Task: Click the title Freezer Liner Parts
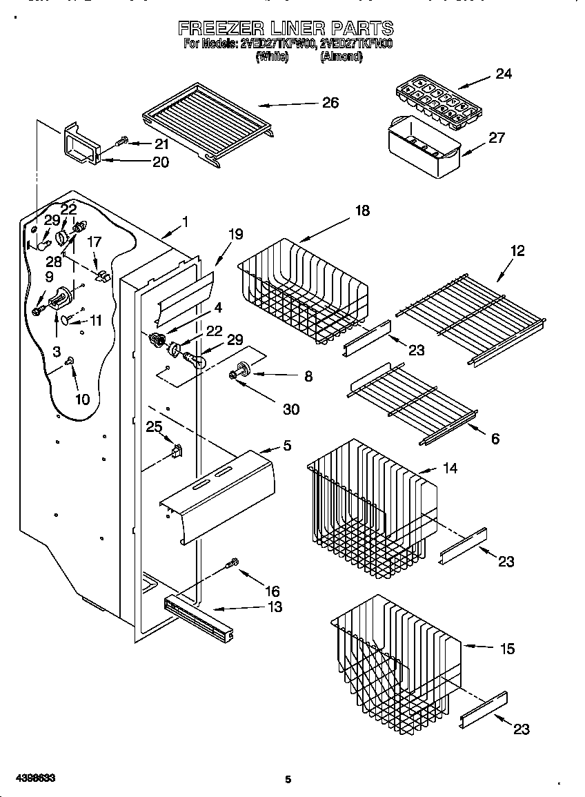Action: point(286,28)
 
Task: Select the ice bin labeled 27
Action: point(422,146)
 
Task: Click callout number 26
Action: point(330,103)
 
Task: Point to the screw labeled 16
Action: point(232,564)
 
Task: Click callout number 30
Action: point(291,409)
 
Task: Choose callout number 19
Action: point(235,234)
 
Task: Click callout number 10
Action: point(82,399)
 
